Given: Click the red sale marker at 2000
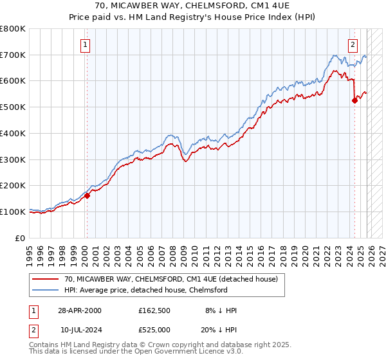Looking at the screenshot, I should (x=87, y=196).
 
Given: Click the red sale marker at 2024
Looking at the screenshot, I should (x=354, y=100).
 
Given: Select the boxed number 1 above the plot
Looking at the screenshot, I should (x=86, y=44).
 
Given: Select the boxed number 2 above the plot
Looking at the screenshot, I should (x=353, y=44).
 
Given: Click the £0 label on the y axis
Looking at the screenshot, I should (x=20, y=238).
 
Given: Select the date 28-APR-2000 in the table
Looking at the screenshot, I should (x=78, y=310).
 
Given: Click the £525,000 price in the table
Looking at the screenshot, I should (x=158, y=329).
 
